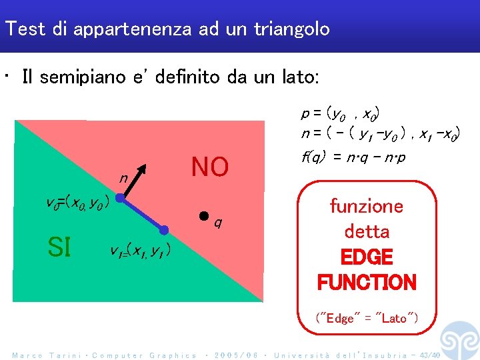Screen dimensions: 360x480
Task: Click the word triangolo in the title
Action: coord(291,29)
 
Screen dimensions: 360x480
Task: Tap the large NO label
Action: coord(209,167)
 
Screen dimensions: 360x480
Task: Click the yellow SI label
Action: coord(59,247)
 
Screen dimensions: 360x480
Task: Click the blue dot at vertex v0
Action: coord(117,198)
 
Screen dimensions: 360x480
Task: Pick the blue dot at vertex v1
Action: coord(165,230)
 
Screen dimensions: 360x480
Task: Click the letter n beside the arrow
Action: coord(123,179)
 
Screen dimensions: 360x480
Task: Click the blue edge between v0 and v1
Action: coord(141,214)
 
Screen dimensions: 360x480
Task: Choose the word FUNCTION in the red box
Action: coord(367,282)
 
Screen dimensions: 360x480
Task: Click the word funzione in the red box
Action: coord(367,206)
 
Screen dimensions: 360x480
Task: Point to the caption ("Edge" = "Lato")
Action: coord(367,318)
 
